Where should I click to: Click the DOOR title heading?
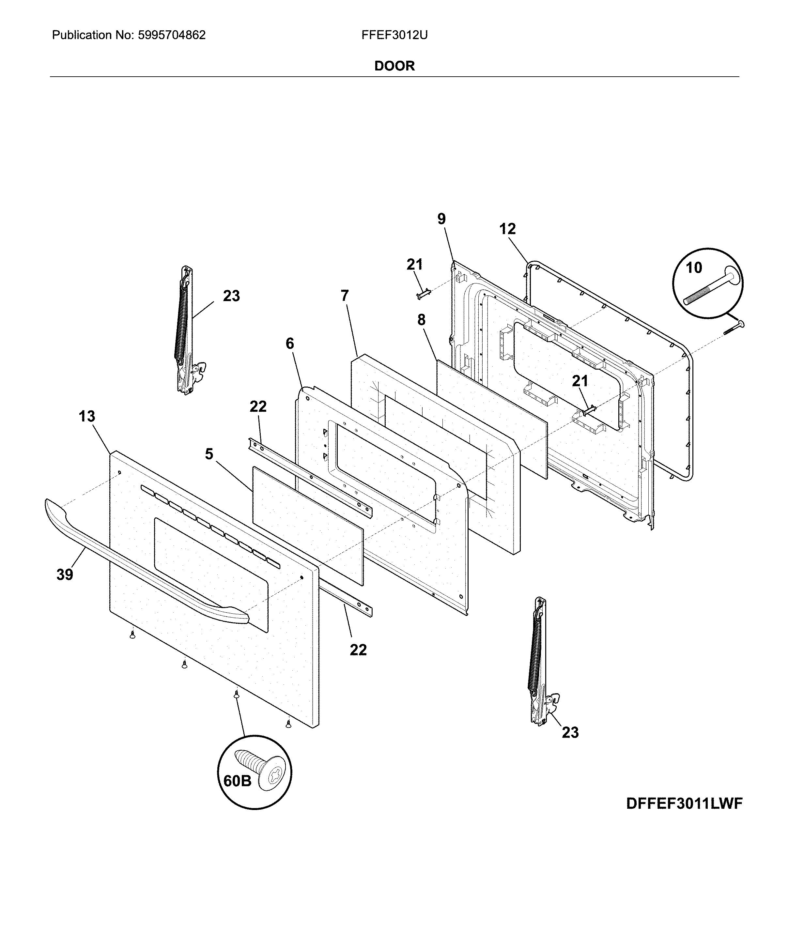(394, 66)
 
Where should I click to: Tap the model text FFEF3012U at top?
(394, 35)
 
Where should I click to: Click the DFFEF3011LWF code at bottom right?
(684, 803)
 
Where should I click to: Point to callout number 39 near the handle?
(65, 575)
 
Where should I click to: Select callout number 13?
(87, 416)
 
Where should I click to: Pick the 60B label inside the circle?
(237, 781)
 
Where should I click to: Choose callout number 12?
(507, 229)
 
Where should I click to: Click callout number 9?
(441, 219)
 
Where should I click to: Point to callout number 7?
(345, 296)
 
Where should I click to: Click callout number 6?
(290, 344)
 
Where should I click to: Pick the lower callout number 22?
(358, 650)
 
